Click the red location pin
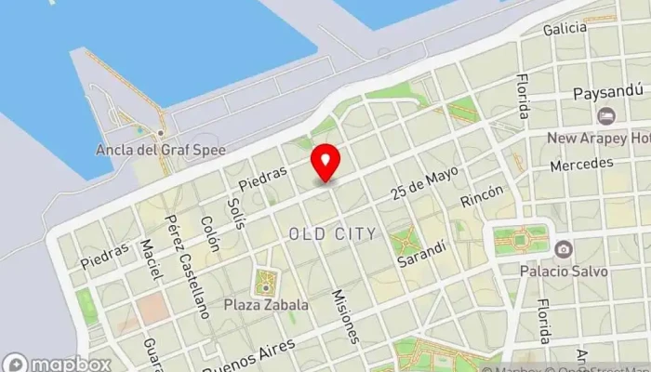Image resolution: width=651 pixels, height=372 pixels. pyautogui.click(x=325, y=163)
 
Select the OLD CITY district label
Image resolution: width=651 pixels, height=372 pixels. pyautogui.click(x=332, y=233)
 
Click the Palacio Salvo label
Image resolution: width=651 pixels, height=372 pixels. pyautogui.click(x=564, y=272)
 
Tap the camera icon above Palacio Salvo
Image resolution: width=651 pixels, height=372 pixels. pyautogui.click(x=564, y=249)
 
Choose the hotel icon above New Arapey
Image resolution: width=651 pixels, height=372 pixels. pyautogui.click(x=606, y=116)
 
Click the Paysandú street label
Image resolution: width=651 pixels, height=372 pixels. pyautogui.click(x=607, y=95)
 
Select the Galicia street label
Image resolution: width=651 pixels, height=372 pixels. pyautogui.click(x=565, y=29)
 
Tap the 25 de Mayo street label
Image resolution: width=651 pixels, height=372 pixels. pyautogui.click(x=425, y=181)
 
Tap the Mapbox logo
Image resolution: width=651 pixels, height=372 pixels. pyautogui.click(x=58, y=364)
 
